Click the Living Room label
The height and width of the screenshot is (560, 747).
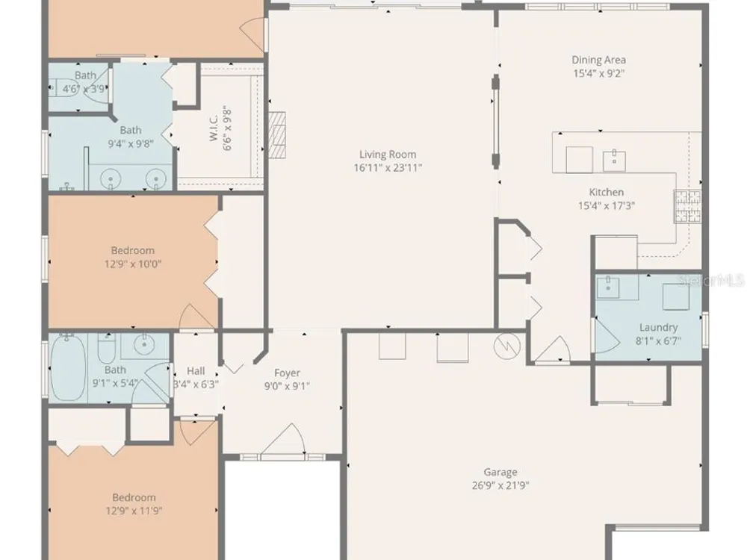pyautogui.click(x=388, y=155)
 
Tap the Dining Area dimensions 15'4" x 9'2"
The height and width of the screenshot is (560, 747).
pyautogui.click(x=599, y=73)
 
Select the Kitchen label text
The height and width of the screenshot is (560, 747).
pyautogui.click(x=607, y=193)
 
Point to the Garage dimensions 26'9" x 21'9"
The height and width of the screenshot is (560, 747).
pyautogui.click(x=500, y=485)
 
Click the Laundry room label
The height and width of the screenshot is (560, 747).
pyautogui.click(x=658, y=328)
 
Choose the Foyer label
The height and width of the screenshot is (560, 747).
pyautogui.click(x=288, y=373)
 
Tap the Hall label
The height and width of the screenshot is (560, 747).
pyautogui.click(x=196, y=371)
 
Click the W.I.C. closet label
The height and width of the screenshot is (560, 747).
pyautogui.click(x=214, y=127)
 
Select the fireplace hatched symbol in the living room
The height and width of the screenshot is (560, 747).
pyautogui.click(x=277, y=134)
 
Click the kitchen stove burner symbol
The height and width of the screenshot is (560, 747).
pyautogui.click(x=687, y=206)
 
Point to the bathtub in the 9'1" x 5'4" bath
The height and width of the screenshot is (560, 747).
pyautogui.click(x=68, y=367)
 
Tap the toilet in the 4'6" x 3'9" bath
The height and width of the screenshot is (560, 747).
pyautogui.click(x=64, y=87)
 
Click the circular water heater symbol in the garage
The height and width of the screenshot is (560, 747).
pyautogui.click(x=507, y=346)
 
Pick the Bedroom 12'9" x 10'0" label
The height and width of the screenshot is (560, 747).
pyautogui.click(x=133, y=250)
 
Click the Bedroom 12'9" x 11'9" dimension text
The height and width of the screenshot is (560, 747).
pyautogui.click(x=134, y=511)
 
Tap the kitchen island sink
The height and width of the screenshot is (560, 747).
pyautogui.click(x=614, y=161)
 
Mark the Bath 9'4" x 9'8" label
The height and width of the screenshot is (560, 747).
pyautogui.click(x=131, y=130)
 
